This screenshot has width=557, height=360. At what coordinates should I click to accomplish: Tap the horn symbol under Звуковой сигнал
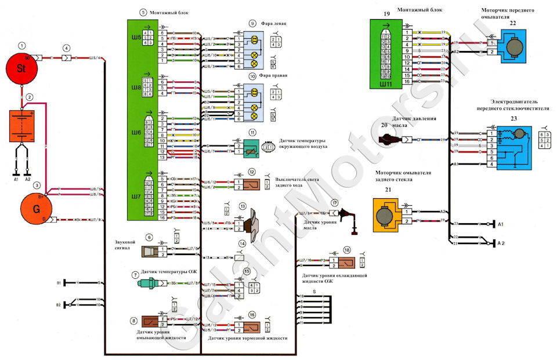[x=149, y=251]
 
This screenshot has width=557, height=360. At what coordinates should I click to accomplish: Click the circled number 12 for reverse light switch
[x=252, y=172]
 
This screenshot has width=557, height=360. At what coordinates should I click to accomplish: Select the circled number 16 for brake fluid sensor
[x=252, y=315]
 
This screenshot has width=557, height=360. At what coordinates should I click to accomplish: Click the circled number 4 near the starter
[x=66, y=48]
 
